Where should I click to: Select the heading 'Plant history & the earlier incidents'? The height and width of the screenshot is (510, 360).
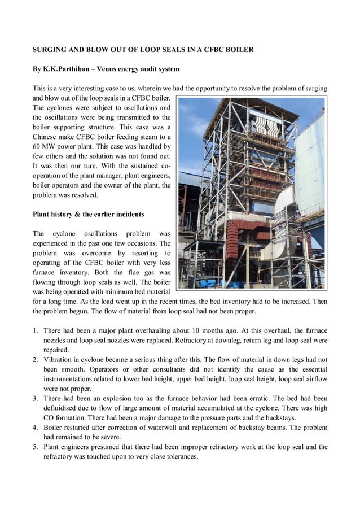88,214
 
